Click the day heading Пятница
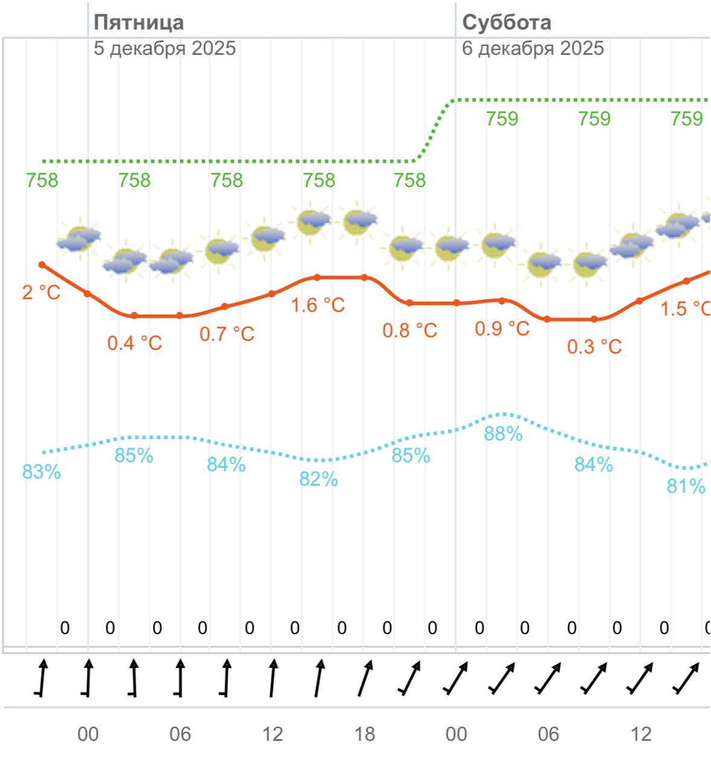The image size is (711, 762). [x=139, y=22]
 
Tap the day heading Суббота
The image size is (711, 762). [x=506, y=22]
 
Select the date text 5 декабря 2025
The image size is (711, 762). [x=164, y=48]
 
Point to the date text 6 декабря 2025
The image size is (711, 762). [x=532, y=48]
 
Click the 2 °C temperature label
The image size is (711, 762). [x=41, y=293]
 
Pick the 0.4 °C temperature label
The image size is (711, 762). [x=135, y=343]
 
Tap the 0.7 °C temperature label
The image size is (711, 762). [x=227, y=334]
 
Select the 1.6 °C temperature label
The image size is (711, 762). [x=318, y=305]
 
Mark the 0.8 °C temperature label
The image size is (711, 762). [x=410, y=331]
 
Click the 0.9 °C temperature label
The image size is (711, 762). [x=502, y=329]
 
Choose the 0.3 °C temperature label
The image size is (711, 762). [x=595, y=347]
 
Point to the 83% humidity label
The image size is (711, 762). [x=42, y=472]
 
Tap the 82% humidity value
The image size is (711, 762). [x=319, y=480]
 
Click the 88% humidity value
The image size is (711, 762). [x=503, y=434]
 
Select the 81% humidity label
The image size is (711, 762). [x=686, y=486]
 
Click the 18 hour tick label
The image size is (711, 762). [x=364, y=734]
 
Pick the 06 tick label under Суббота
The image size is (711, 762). [x=549, y=734]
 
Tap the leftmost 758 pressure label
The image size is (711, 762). [x=42, y=180]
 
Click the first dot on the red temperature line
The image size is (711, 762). [x=42, y=265]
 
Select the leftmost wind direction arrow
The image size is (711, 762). [x=42, y=679]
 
